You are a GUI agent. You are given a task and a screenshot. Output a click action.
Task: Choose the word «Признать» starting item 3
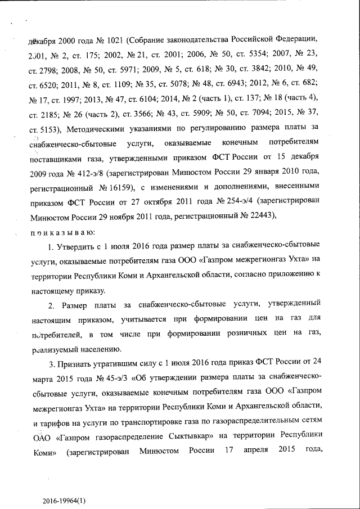[76, 363]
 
